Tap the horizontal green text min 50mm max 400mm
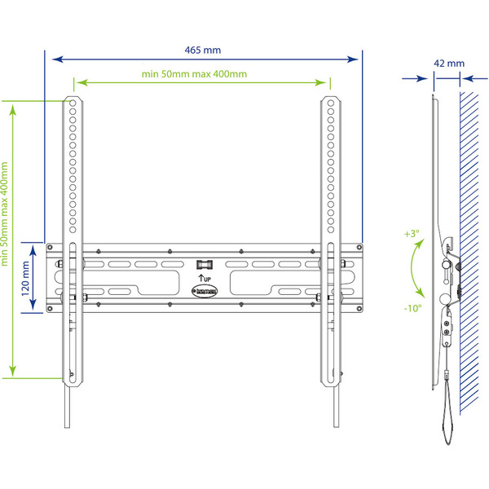pos(194,74)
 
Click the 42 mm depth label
pos(449,63)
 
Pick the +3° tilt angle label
pos(412,233)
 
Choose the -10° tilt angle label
pos(412,308)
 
